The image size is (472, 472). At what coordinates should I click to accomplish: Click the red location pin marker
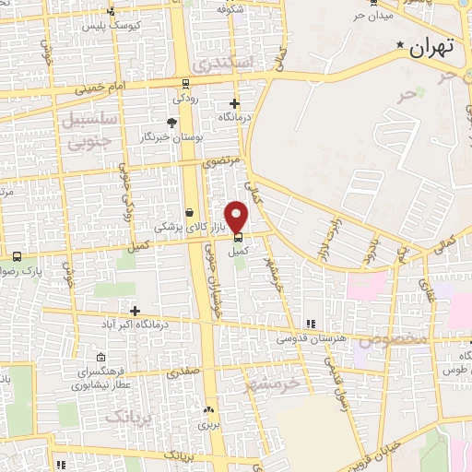pyautogui.click(x=238, y=216)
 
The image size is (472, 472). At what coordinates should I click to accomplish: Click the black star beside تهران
pyautogui.click(x=400, y=45)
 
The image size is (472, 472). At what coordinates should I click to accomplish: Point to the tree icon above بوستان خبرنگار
pyautogui.click(x=171, y=122)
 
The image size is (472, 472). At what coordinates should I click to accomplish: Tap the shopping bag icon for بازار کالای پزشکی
pyautogui.click(x=189, y=212)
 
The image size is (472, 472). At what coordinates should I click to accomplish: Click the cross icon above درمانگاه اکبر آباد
pyautogui.click(x=136, y=311)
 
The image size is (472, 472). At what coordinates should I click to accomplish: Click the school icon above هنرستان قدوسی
pyautogui.click(x=311, y=324)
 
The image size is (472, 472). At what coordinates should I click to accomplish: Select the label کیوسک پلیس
pyautogui.click(x=135, y=25)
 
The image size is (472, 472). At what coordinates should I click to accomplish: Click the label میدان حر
pyautogui.click(x=372, y=16)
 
